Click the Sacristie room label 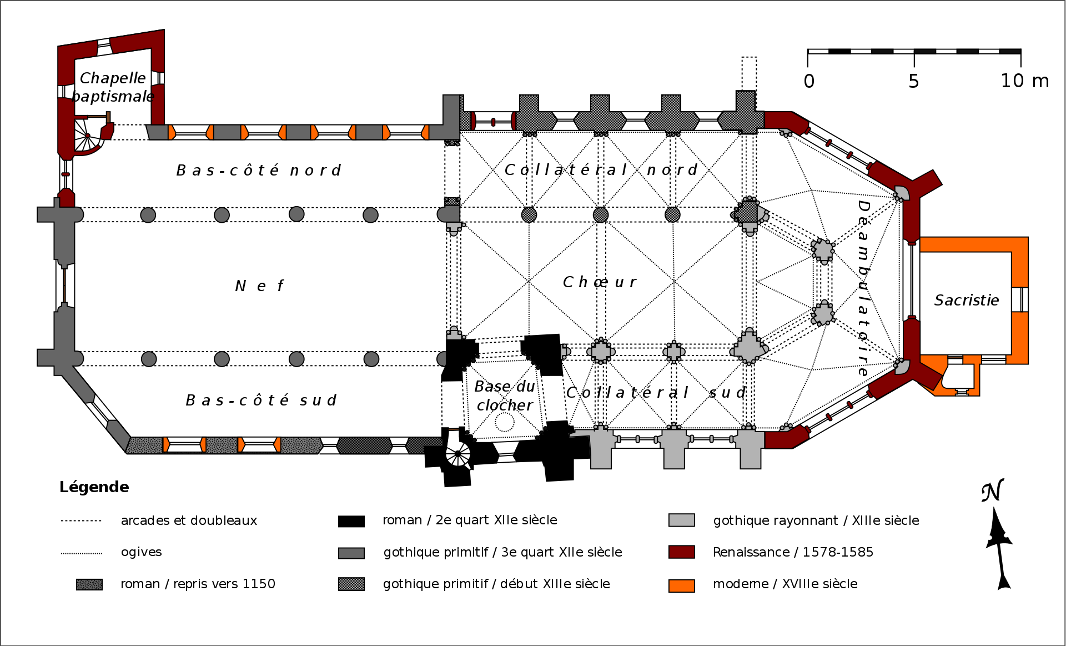click(966, 301)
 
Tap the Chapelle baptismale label click(113, 87)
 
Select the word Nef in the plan click(259, 286)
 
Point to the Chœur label click(600, 282)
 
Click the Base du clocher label click(505, 395)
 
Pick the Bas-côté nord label click(259, 171)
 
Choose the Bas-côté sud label click(261, 400)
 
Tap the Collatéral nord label click(601, 170)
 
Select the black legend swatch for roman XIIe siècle click(351, 521)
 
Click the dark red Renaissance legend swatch click(681, 552)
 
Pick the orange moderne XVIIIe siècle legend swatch click(681, 585)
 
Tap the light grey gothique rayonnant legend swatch click(681, 520)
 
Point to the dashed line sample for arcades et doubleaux click(81, 521)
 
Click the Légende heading click(94, 487)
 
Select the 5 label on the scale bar click(913, 82)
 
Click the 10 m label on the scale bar click(1024, 81)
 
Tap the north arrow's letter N click(992, 491)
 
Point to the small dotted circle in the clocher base click(505, 423)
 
